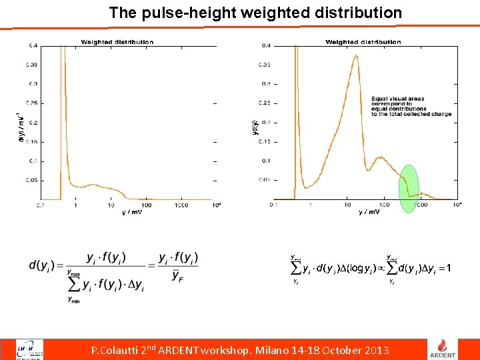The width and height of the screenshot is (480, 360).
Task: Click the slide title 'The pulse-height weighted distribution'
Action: tap(255, 13)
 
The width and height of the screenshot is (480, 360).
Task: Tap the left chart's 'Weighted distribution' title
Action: tap(117, 42)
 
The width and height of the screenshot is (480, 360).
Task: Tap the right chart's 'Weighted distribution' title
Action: tap(363, 42)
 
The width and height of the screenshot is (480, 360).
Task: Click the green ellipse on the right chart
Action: tap(409, 189)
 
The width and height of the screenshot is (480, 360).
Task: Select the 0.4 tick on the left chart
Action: tap(33, 46)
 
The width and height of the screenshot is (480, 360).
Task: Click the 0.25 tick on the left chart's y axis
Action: tap(32, 103)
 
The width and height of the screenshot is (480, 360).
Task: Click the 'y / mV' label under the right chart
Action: tap(368, 212)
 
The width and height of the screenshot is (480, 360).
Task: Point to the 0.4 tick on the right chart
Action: tap(266, 46)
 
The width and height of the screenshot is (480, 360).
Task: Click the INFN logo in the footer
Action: tap(31, 349)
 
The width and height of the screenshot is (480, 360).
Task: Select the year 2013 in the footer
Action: tap(375, 350)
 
